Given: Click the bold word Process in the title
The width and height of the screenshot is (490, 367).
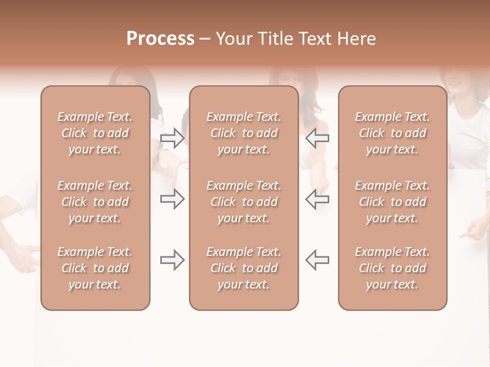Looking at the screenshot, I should pos(160,39).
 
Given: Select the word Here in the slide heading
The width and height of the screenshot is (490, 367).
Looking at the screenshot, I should pos(357,39).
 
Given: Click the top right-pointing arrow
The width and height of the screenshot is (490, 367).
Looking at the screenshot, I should pos(173,138).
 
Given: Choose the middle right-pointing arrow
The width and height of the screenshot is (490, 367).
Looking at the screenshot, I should pos(173,199).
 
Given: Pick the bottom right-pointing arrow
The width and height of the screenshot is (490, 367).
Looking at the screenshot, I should pos(173,260).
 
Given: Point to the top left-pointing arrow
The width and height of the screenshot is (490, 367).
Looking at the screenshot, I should pos(317,138).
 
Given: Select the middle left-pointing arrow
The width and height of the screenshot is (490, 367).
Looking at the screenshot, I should pos(317,199).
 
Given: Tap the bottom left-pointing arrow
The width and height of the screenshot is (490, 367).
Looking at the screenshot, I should pos(317,260).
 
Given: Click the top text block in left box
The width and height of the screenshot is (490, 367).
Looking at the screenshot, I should pos(95,133).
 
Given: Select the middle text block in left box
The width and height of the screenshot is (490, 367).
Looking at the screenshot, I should pos(95,202).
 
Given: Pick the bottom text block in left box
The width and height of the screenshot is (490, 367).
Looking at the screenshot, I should pos(95,268).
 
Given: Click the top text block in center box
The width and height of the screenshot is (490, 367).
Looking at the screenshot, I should pos(243,133).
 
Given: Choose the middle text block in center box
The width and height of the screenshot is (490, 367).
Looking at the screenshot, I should pos(243,202).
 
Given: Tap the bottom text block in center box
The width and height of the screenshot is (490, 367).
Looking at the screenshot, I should pos(243,268).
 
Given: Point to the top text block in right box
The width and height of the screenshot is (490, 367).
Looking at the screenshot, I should pos(393,133).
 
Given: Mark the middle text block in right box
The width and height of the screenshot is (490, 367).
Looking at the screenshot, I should pos(393,202).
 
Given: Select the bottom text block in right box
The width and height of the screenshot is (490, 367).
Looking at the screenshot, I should pos(393,268).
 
